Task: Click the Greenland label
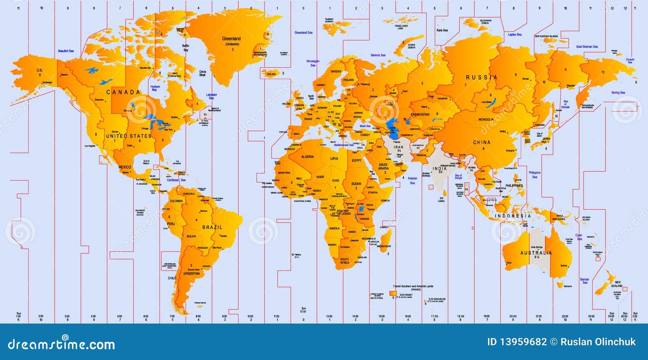tap(231, 39)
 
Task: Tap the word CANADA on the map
tap(123, 92)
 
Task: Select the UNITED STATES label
tap(128, 136)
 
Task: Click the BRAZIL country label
tap(212, 228)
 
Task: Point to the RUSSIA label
tap(482, 77)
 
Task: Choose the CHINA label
tap(482, 143)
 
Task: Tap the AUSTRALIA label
tap(536, 253)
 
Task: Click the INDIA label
tap(440, 168)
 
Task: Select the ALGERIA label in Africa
tap(307, 157)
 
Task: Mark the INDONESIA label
tap(512, 216)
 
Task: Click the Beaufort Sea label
tap(66, 51)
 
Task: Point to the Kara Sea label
tap(442, 30)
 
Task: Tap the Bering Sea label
tap(618, 93)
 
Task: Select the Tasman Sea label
tap(584, 281)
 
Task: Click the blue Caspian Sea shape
tap(392, 125)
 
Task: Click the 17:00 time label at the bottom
tap(434, 316)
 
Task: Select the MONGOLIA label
tap(486, 120)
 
